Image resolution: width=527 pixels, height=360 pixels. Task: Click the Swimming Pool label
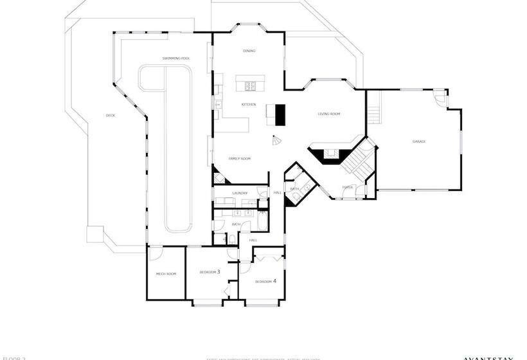coord(175,59)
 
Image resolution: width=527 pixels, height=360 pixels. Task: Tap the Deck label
coord(110,116)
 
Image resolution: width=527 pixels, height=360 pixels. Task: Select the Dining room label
coord(249,51)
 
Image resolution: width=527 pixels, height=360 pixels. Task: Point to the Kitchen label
coord(249,104)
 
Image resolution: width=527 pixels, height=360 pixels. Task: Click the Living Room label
coord(328,114)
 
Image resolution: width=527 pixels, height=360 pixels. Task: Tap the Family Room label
coord(240,158)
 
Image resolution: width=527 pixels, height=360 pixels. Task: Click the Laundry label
coord(240,193)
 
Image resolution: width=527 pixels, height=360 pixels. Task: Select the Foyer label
coord(347,187)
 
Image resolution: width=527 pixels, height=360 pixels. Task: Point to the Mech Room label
coord(166,274)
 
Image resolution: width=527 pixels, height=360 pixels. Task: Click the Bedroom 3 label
coord(210,272)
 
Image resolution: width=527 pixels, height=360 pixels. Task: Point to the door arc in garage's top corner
coord(439,98)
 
